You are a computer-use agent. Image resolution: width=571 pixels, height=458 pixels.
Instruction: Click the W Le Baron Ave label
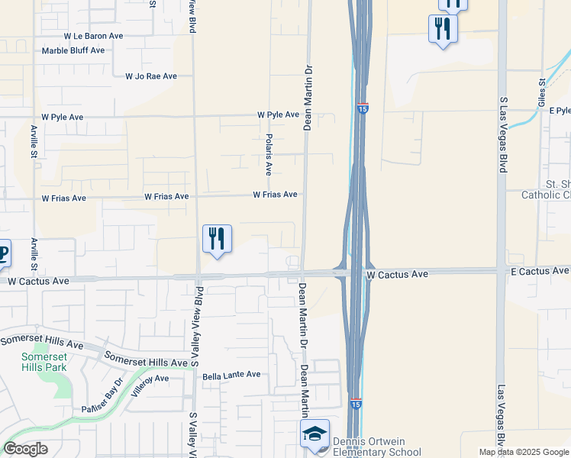pos(93,36)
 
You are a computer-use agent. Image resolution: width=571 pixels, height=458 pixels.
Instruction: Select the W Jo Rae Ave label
pos(151,76)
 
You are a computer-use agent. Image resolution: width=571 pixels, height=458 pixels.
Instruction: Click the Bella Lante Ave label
pos(231,375)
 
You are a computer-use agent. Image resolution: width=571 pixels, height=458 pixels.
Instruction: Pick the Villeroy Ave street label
pos(150,378)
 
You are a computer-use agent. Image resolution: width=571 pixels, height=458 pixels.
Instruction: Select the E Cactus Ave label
pos(540,271)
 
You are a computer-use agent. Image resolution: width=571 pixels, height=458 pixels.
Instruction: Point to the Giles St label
pos(542,92)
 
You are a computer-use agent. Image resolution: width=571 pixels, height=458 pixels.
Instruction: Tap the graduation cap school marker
pos(315,434)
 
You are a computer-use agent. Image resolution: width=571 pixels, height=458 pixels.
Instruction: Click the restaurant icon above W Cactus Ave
pos(217,239)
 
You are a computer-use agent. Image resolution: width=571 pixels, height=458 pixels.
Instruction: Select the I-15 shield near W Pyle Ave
pos(363,109)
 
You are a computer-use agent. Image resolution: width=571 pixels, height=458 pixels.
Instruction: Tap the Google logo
pos(26,448)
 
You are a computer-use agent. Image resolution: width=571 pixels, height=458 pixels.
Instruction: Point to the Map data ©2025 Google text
pos(524,452)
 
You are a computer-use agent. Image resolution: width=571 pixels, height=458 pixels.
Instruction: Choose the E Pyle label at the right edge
pos(560,111)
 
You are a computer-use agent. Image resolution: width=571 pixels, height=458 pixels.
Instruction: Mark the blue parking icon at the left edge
pos(3,254)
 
